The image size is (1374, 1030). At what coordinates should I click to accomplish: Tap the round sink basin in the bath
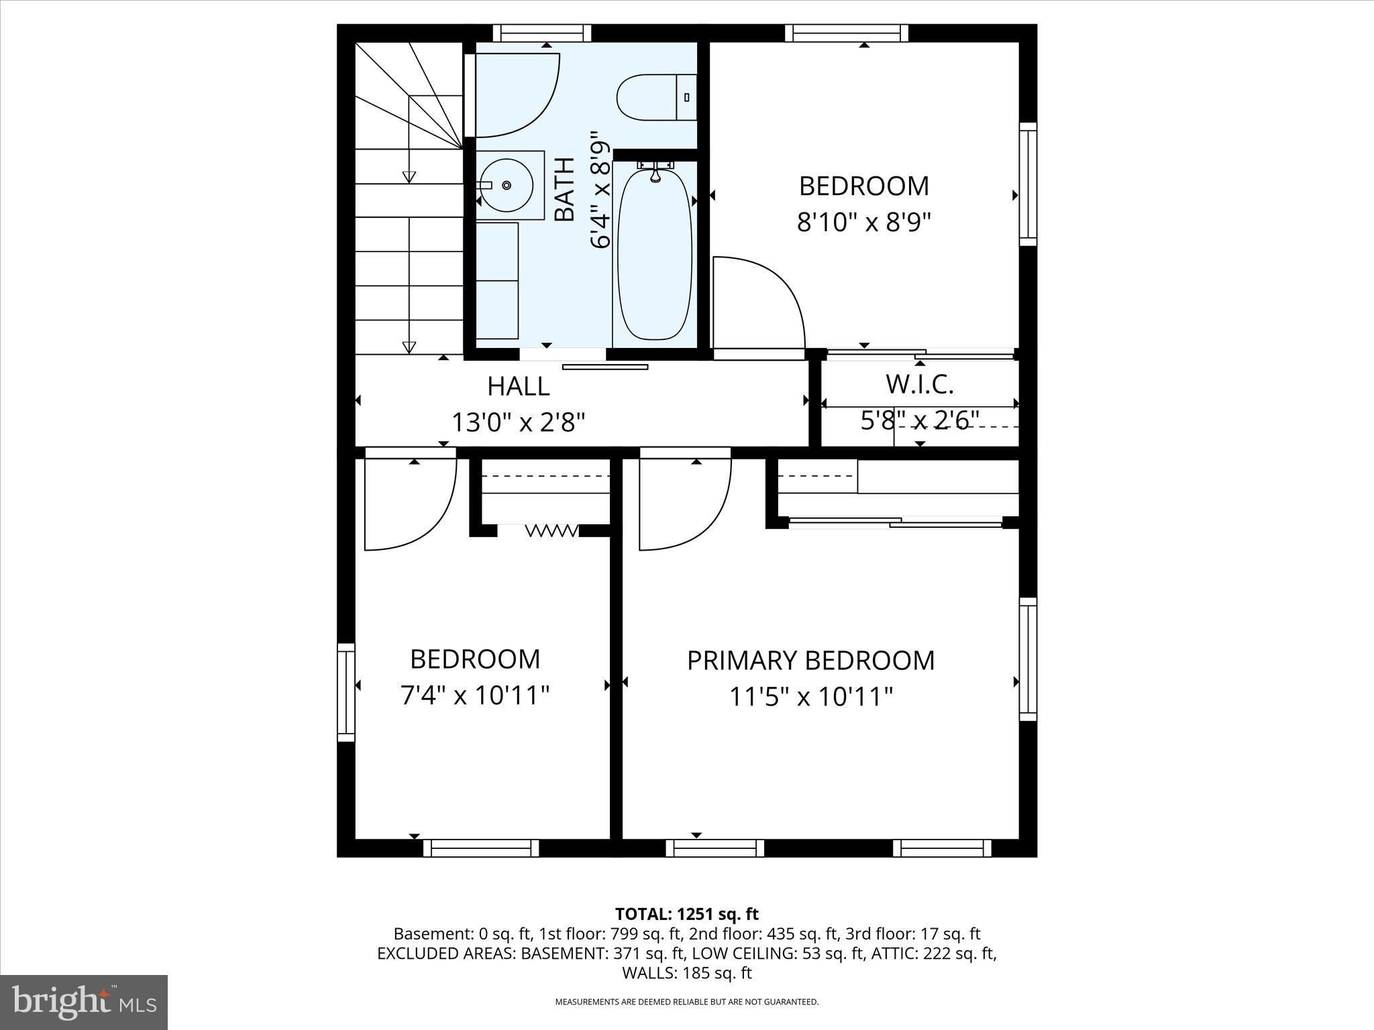click(507, 185)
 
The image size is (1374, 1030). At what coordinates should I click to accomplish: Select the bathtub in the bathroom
click(654, 255)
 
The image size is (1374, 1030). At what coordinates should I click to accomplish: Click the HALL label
click(518, 386)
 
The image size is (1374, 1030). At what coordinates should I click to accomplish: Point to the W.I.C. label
click(919, 385)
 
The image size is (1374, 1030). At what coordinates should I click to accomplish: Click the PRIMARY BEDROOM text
click(810, 661)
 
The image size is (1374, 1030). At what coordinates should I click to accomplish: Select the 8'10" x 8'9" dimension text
click(864, 222)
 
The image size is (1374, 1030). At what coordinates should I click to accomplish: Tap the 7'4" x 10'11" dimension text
click(475, 695)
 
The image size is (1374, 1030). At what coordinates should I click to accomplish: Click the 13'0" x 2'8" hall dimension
click(518, 422)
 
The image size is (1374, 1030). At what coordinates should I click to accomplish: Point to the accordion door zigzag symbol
click(551, 531)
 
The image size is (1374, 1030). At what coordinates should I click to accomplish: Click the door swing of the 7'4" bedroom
click(409, 503)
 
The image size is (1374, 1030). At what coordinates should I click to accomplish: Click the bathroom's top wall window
click(542, 33)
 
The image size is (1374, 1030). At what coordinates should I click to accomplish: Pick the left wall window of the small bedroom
click(346, 692)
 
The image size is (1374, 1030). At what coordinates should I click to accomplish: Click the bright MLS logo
click(84, 1002)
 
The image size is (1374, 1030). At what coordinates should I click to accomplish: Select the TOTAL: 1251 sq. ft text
click(686, 914)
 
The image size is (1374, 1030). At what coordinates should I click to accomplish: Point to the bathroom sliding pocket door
click(604, 367)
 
